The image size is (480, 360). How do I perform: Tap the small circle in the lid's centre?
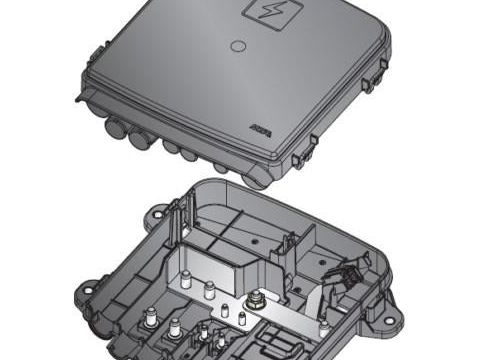237,45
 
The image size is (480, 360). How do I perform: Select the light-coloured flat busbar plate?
290,317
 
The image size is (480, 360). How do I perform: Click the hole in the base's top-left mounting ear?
156,213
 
